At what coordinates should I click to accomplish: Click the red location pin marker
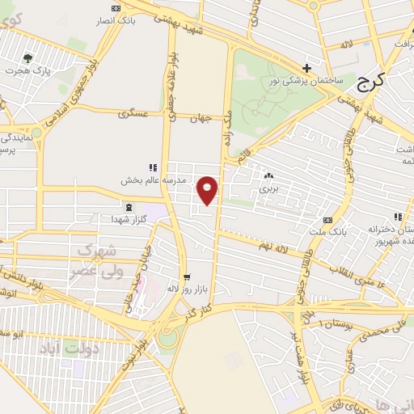(209, 190)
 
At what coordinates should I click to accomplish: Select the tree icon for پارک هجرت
(28, 58)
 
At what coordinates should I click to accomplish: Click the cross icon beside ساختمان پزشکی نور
(306, 69)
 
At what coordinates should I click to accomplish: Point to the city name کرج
(373, 82)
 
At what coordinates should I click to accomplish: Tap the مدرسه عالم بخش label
(154, 180)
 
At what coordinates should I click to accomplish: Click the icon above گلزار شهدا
(126, 207)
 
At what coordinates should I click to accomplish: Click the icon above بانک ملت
(327, 220)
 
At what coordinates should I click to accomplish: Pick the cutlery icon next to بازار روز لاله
(185, 276)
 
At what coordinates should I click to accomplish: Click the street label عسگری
(134, 114)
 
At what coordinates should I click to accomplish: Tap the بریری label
(268, 187)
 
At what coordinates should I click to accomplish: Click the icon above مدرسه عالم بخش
(153, 167)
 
